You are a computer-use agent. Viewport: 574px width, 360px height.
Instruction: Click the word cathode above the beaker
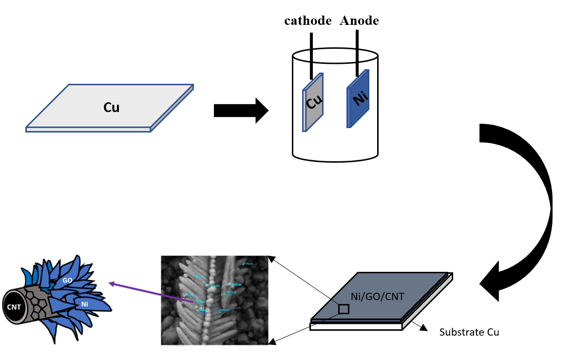(x=308, y=21)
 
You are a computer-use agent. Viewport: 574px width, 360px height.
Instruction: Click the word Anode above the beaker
(x=359, y=21)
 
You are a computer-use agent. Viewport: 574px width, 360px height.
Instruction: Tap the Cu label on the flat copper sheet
(x=111, y=108)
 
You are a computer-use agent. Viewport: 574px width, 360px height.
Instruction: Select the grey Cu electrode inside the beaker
(x=313, y=102)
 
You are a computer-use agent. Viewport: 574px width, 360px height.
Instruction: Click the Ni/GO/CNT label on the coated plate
(x=377, y=296)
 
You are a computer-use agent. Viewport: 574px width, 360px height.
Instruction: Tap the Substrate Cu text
(x=469, y=333)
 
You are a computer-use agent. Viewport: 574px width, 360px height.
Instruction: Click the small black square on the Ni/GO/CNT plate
(x=344, y=309)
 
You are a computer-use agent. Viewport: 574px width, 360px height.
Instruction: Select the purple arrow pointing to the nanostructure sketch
(x=151, y=292)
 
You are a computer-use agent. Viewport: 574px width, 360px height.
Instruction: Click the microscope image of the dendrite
(x=214, y=300)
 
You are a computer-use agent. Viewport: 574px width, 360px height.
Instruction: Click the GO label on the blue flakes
(x=67, y=281)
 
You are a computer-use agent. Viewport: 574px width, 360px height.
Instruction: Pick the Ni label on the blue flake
(x=85, y=304)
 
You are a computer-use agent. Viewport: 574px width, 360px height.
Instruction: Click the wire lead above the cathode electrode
(x=311, y=54)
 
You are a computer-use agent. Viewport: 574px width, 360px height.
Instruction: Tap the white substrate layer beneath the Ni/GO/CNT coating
(x=356, y=326)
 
